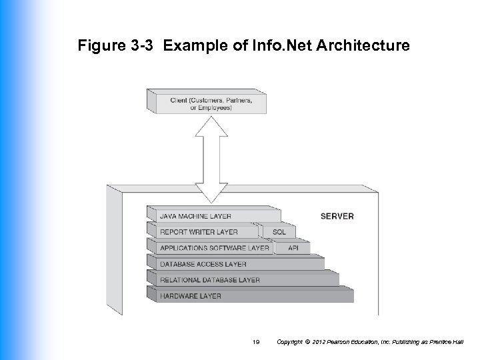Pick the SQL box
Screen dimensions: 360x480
[x=279, y=232]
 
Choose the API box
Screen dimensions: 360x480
[x=293, y=248]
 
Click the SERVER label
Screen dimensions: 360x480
[x=337, y=216]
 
